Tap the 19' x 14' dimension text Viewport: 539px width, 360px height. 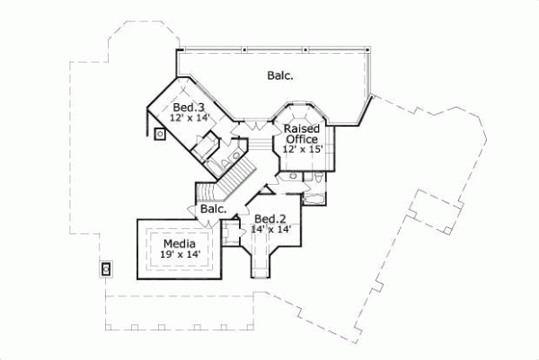tap(179, 255)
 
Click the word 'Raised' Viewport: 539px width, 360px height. tap(302, 129)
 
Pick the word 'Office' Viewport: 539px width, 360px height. tap(301, 139)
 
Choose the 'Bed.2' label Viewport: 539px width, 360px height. tap(270, 219)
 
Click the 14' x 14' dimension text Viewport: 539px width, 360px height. tap(270, 230)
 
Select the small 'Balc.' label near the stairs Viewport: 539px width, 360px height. tap(212, 209)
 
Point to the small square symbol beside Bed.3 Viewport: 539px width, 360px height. tap(159, 136)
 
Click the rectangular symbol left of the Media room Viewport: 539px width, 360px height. tap(105, 268)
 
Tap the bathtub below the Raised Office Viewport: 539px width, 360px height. tap(315, 197)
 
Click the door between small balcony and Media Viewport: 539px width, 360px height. tap(194, 211)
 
